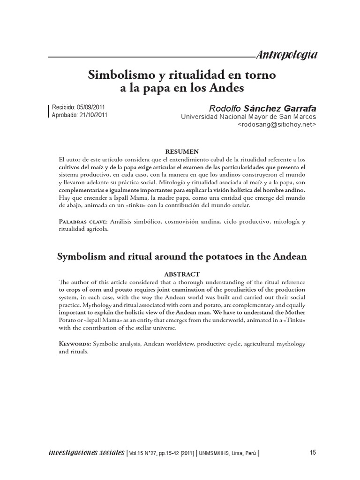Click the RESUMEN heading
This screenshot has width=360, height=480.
pos(182,151)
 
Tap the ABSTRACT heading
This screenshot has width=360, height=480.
pos(182,274)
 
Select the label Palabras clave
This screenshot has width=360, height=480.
pos(82,221)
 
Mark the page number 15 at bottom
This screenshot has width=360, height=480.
pos(313,452)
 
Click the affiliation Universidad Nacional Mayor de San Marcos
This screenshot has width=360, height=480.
pos(248,117)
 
